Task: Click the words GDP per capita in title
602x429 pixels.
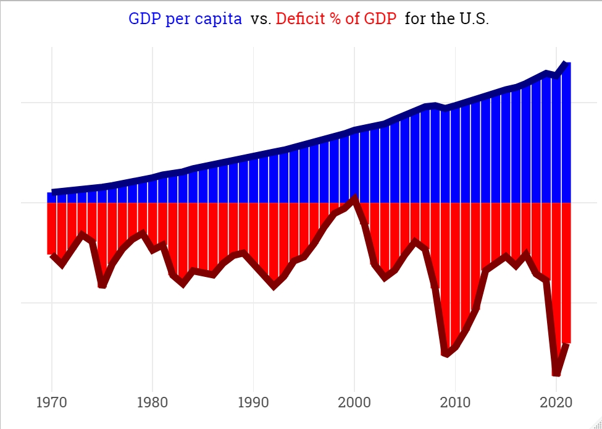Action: click(185, 19)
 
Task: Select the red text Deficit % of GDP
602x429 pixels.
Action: click(336, 19)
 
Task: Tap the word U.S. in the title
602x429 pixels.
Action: click(473, 19)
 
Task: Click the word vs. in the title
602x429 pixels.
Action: click(261, 19)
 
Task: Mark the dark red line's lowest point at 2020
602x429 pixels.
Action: click(556, 373)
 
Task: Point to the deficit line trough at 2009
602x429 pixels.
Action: click(445, 353)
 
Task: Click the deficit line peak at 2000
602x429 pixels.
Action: click(354, 198)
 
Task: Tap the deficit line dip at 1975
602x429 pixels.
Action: click(102, 285)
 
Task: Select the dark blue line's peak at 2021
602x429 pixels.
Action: click(565, 64)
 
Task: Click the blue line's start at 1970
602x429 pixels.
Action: click(52, 192)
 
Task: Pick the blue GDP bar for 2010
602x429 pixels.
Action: click(455, 155)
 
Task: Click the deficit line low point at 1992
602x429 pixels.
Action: click(274, 286)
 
